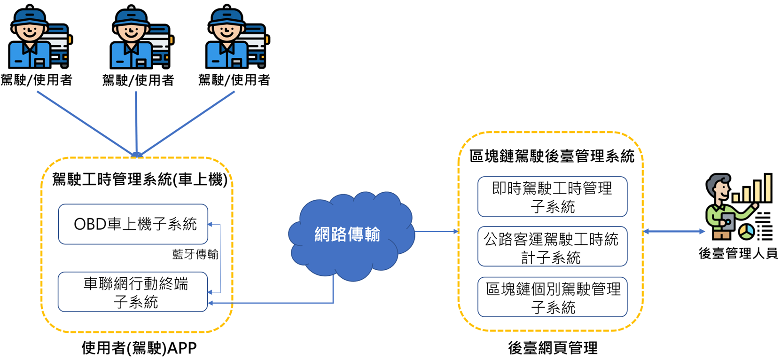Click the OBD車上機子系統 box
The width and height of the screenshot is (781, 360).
coord(133,224)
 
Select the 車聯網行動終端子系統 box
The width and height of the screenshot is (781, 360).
coord(133,292)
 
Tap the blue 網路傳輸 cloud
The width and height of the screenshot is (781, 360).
coord(348,234)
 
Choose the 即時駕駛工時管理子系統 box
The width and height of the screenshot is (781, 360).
coord(552,197)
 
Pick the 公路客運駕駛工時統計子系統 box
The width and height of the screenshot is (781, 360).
coord(552,247)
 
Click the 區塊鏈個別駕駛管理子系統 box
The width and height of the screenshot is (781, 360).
coord(552,297)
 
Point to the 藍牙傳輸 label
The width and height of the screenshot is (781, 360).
coord(195,254)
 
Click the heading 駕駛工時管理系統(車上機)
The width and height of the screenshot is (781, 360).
coord(140,180)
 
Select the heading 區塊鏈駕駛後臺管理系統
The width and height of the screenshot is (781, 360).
coord(552,157)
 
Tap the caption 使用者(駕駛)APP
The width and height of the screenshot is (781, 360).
coord(139,348)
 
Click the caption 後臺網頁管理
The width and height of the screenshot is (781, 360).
coord(553,348)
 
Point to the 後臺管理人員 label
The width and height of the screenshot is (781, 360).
coord(738,254)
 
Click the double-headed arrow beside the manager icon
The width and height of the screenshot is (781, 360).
coord(674,231)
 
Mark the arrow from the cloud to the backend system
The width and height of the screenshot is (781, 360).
coord(436,231)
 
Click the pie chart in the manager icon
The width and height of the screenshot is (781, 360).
coord(746,231)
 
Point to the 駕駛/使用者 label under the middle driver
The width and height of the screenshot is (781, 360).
coord(138,80)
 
